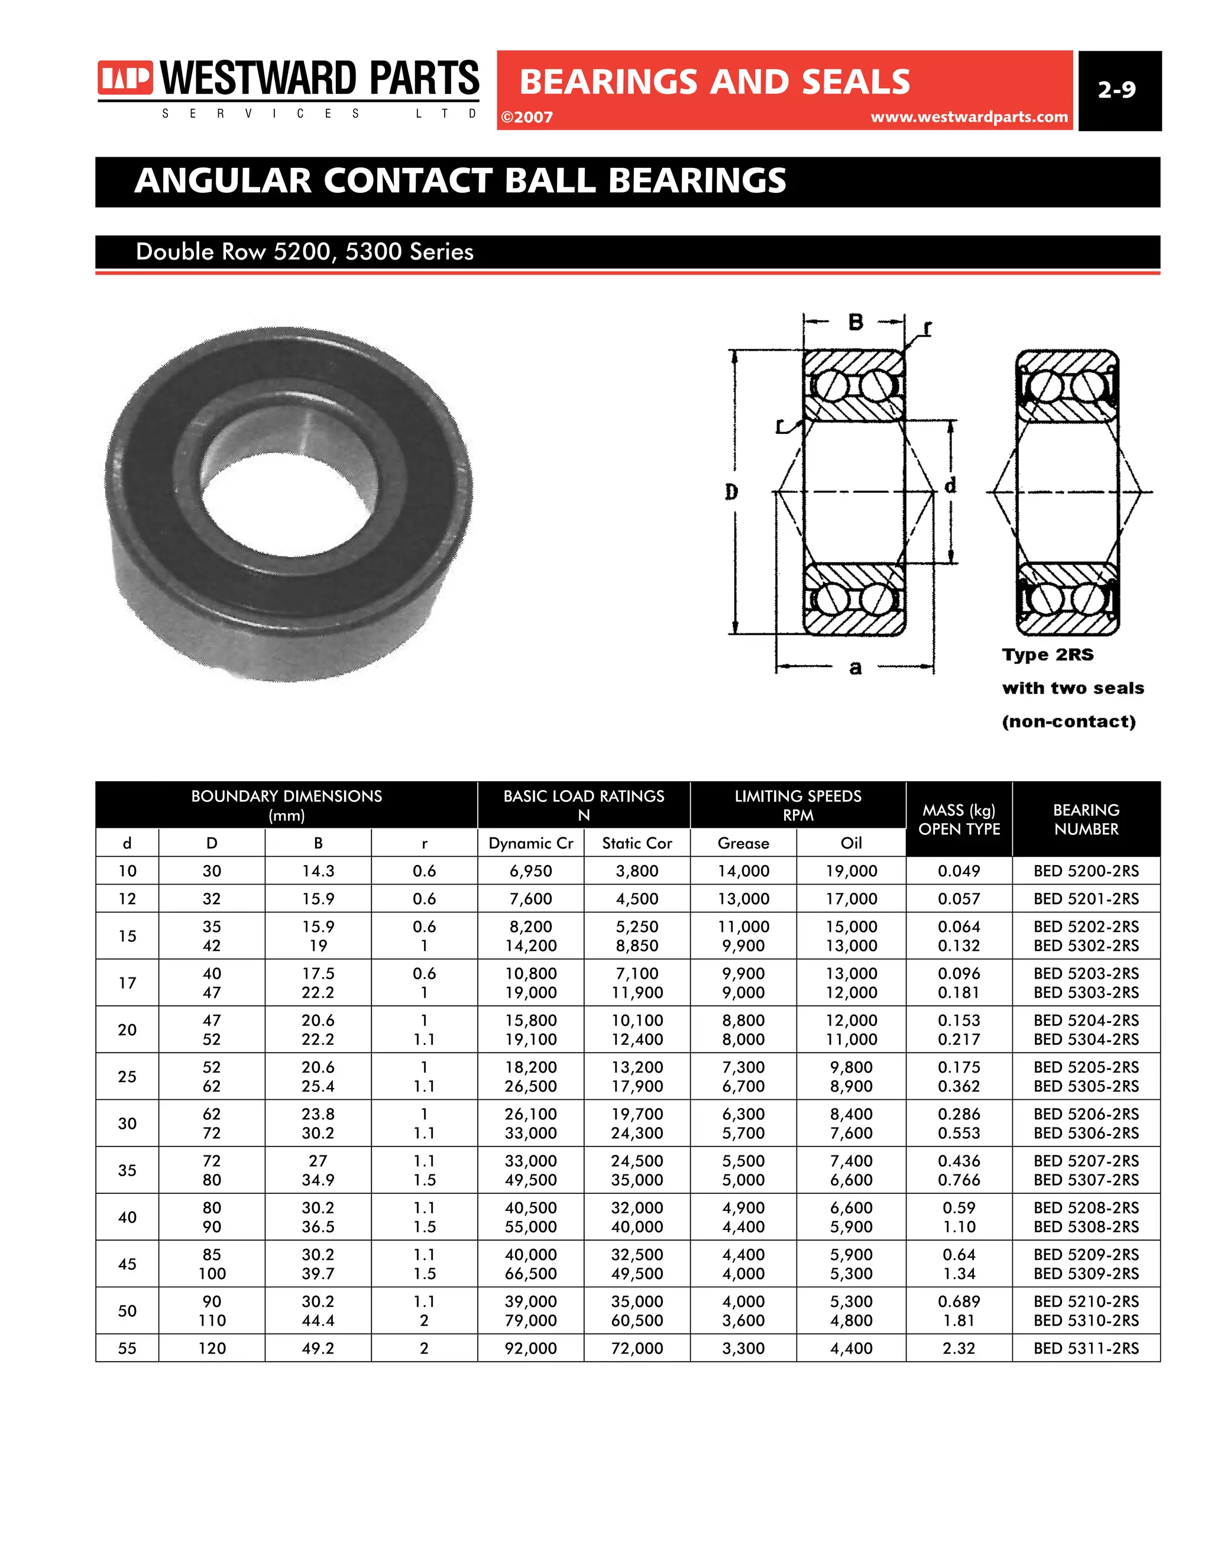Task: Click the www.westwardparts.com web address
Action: [969, 117]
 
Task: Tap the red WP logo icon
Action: [125, 77]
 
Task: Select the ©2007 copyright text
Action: [527, 118]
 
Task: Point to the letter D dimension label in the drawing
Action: [731, 492]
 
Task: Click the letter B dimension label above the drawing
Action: [855, 322]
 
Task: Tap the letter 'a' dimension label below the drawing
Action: [855, 668]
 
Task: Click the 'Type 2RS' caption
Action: [1047, 655]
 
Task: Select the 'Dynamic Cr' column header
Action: [530, 843]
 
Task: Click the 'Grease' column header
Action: [743, 843]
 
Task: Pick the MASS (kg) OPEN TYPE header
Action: [959, 820]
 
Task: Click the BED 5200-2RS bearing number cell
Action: [1086, 871]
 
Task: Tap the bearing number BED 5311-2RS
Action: [1086, 1348]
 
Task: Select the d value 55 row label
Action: [127, 1348]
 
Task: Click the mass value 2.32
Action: [959, 1348]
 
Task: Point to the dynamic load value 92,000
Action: [530, 1348]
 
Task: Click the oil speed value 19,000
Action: [851, 871]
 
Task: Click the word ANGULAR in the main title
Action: [223, 181]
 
